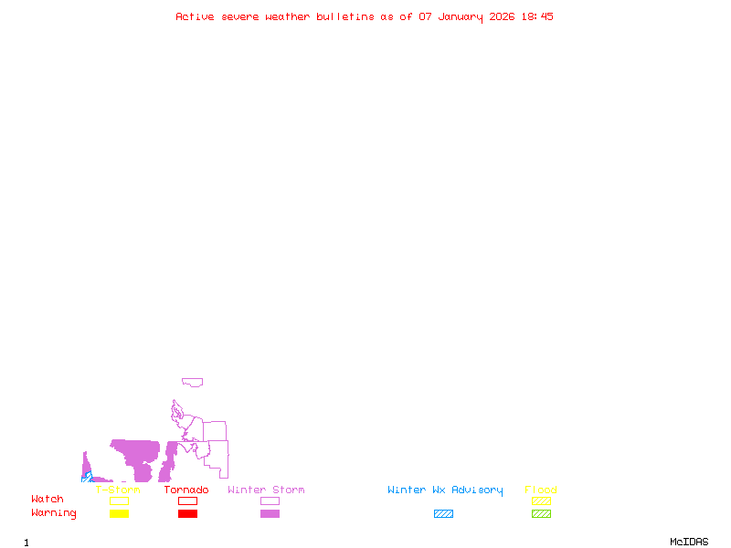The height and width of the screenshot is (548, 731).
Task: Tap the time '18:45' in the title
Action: (x=537, y=16)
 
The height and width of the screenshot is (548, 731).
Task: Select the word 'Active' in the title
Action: (x=195, y=16)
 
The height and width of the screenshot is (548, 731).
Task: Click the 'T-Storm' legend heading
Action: (x=118, y=490)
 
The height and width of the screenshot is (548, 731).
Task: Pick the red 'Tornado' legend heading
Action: (x=186, y=490)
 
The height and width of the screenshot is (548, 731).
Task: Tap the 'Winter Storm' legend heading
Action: (x=266, y=490)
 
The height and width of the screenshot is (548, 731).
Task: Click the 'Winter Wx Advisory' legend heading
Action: (x=445, y=490)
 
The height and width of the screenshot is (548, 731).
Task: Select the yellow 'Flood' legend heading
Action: (x=541, y=490)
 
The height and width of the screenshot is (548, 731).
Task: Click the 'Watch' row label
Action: (x=48, y=500)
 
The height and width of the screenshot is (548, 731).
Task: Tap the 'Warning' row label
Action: (x=54, y=513)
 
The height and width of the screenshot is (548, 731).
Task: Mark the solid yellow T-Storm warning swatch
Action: (x=119, y=514)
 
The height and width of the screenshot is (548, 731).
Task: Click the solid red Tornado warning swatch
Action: (x=187, y=514)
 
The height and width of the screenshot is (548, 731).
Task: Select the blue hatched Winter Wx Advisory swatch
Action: (x=443, y=514)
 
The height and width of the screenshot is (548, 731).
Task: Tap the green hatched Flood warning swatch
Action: (x=541, y=514)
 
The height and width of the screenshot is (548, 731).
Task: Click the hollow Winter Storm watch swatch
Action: (x=270, y=501)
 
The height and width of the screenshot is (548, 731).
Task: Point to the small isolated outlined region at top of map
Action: (x=192, y=382)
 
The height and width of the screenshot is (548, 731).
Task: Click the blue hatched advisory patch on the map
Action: (x=87, y=477)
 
